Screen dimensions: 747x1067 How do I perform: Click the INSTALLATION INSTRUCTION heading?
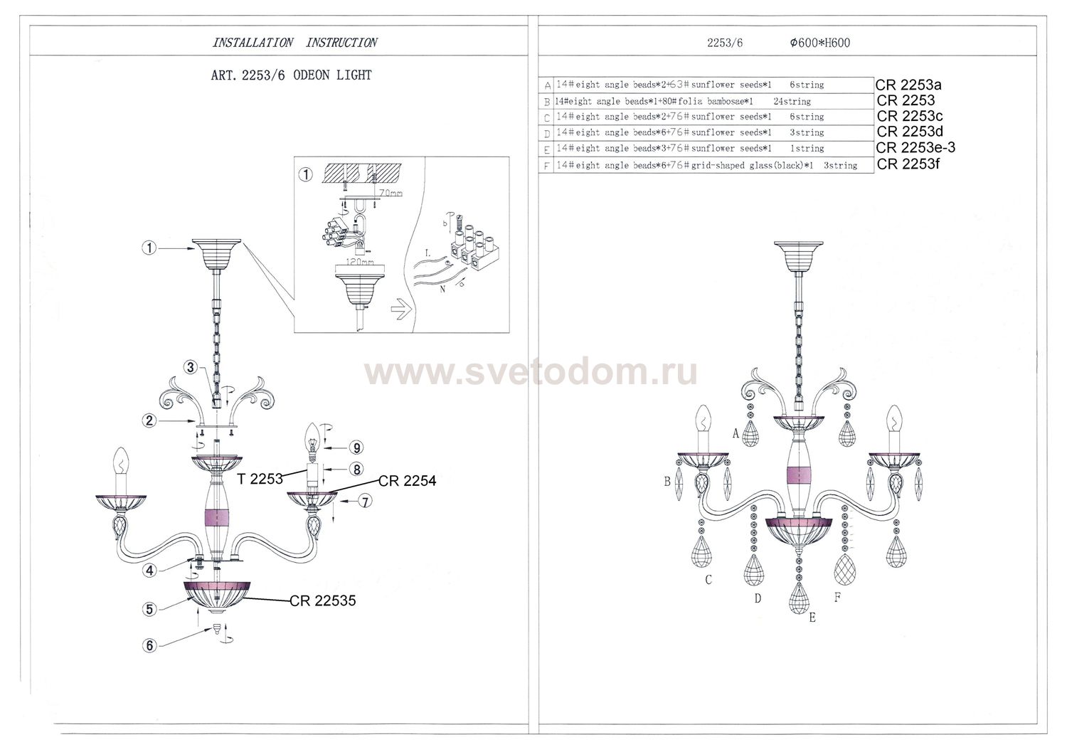(x=294, y=43)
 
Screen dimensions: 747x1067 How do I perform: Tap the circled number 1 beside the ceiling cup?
(x=149, y=248)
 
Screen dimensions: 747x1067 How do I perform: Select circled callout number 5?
(x=149, y=609)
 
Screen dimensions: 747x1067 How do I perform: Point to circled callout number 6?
(x=149, y=646)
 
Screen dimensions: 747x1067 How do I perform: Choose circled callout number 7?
(x=365, y=502)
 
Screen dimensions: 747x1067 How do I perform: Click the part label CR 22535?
(x=322, y=600)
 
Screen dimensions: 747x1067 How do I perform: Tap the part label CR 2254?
(x=407, y=481)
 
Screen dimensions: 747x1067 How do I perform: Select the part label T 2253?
(x=260, y=479)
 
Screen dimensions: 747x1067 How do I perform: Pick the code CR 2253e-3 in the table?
(x=915, y=148)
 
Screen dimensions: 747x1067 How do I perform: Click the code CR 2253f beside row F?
(x=908, y=164)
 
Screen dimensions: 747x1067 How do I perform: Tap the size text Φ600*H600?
(x=819, y=43)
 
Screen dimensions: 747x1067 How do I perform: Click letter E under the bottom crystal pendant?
(x=812, y=618)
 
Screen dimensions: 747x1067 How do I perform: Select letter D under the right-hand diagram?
(x=758, y=598)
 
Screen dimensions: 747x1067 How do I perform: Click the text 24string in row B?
(x=792, y=101)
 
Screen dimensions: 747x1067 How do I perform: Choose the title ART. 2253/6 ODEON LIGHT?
(x=292, y=75)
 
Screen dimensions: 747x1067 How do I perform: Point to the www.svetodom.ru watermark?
(x=531, y=372)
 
